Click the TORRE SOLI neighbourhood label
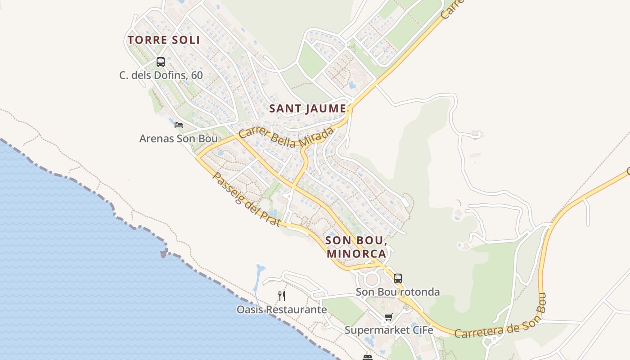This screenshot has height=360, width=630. pos(163,40)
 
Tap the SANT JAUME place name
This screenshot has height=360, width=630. pos(308,109)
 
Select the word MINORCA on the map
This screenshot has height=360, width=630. pos(356,254)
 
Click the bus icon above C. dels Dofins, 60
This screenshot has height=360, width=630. pos(161,62)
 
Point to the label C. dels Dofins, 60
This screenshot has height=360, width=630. pos(161,75)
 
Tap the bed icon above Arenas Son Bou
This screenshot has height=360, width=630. pos(179,125)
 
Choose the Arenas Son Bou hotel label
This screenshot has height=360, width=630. pos(178,139)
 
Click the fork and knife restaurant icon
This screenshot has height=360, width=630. pos(282,296)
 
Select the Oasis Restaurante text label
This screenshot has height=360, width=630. pos(282,310)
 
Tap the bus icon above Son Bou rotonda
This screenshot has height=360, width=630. pos(398,279)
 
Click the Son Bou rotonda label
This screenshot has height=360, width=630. pos(398,292)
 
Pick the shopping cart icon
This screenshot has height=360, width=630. pos(389,317)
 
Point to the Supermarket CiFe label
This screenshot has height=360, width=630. pos(389,330)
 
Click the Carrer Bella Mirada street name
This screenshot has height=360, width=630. pos(287,137)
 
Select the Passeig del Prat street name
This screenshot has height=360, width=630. pos(246,200)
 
